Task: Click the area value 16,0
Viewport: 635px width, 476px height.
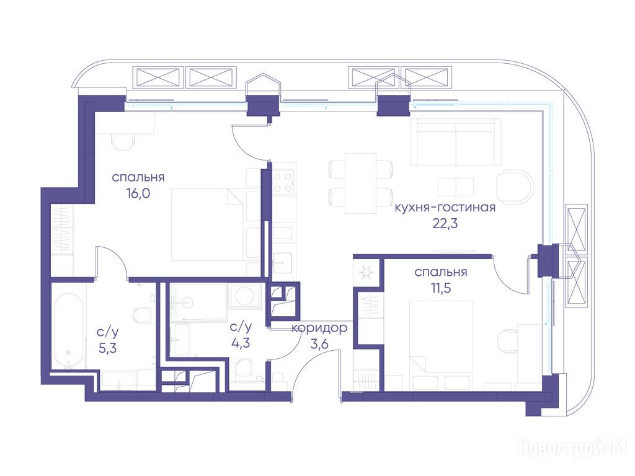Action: click(x=138, y=194)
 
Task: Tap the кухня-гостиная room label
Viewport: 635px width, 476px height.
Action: click(x=445, y=208)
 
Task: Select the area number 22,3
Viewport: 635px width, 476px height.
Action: click(x=445, y=223)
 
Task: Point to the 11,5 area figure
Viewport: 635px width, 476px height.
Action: click(x=441, y=288)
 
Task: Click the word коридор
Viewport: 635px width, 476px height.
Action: click(x=319, y=328)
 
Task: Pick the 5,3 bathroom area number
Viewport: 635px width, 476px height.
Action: click(x=108, y=348)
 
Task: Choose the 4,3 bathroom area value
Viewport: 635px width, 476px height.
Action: click(x=241, y=343)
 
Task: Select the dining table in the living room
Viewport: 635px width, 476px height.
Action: click(x=360, y=183)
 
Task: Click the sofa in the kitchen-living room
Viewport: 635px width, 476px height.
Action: click(x=456, y=142)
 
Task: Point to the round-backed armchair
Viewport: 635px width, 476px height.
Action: click(x=515, y=186)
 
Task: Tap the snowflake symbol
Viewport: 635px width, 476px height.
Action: click(x=366, y=272)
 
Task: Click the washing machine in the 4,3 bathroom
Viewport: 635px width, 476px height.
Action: click(x=244, y=296)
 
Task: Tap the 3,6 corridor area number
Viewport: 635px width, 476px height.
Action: click(x=319, y=345)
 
